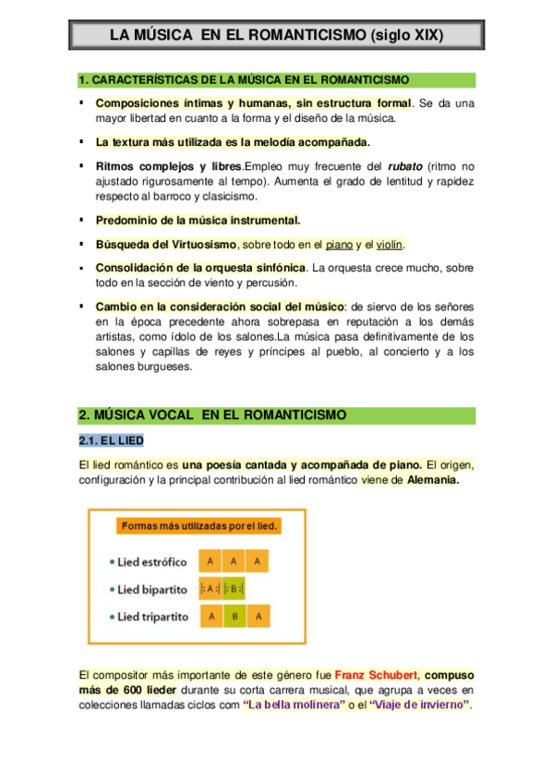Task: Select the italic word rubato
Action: click(403, 167)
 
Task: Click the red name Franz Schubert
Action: click(376, 674)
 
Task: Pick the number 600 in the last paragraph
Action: click(131, 690)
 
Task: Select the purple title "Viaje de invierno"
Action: click(418, 706)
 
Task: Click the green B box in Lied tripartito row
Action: click(235, 617)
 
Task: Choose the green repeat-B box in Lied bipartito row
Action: click(236, 589)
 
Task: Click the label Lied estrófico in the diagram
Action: click(152, 562)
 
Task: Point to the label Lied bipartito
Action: click(152, 589)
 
